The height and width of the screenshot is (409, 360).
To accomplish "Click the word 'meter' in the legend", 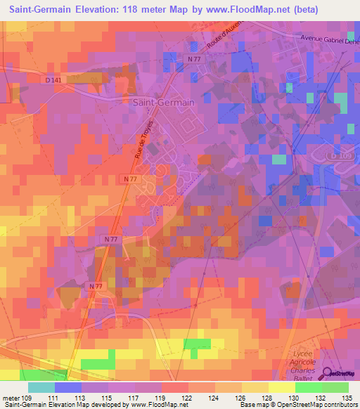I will (11, 398).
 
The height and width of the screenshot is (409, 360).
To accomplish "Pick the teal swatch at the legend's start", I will (41, 387).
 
